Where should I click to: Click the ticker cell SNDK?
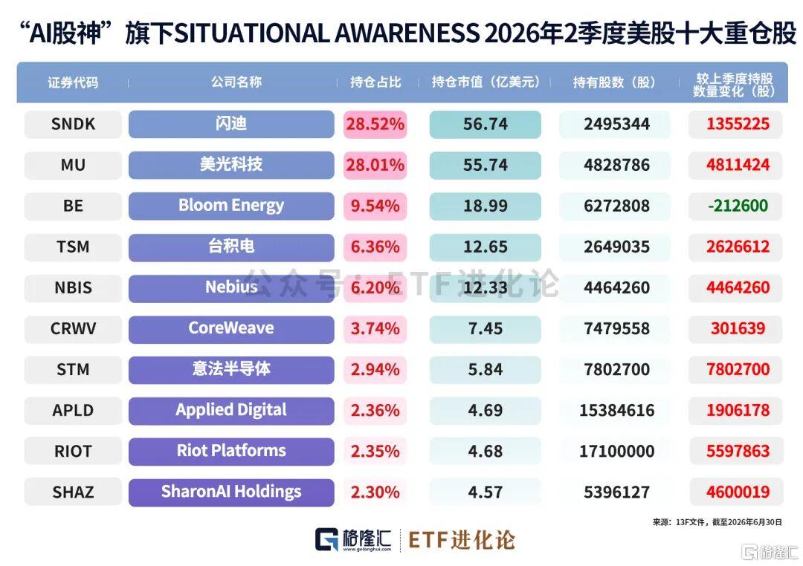click(73, 124)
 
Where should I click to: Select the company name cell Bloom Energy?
click(231, 206)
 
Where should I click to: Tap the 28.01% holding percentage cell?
click(375, 165)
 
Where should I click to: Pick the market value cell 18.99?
click(485, 206)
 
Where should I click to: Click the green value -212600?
click(738, 206)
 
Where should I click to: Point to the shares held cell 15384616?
click(616, 411)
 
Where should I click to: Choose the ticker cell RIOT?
click(73, 452)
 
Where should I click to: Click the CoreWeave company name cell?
click(231, 328)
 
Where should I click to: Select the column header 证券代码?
click(73, 82)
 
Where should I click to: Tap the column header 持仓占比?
click(375, 82)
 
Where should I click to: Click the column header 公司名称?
click(236, 82)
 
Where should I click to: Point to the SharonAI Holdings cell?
click(231, 492)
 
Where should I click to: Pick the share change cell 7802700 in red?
click(738, 369)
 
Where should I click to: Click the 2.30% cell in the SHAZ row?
click(375, 492)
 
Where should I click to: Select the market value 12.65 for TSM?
click(485, 247)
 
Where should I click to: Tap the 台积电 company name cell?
click(231, 247)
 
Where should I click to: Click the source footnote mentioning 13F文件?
click(717, 522)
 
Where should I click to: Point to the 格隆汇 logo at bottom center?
click(353, 540)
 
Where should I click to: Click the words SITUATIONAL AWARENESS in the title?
click(326, 33)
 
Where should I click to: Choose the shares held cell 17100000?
click(616, 452)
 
